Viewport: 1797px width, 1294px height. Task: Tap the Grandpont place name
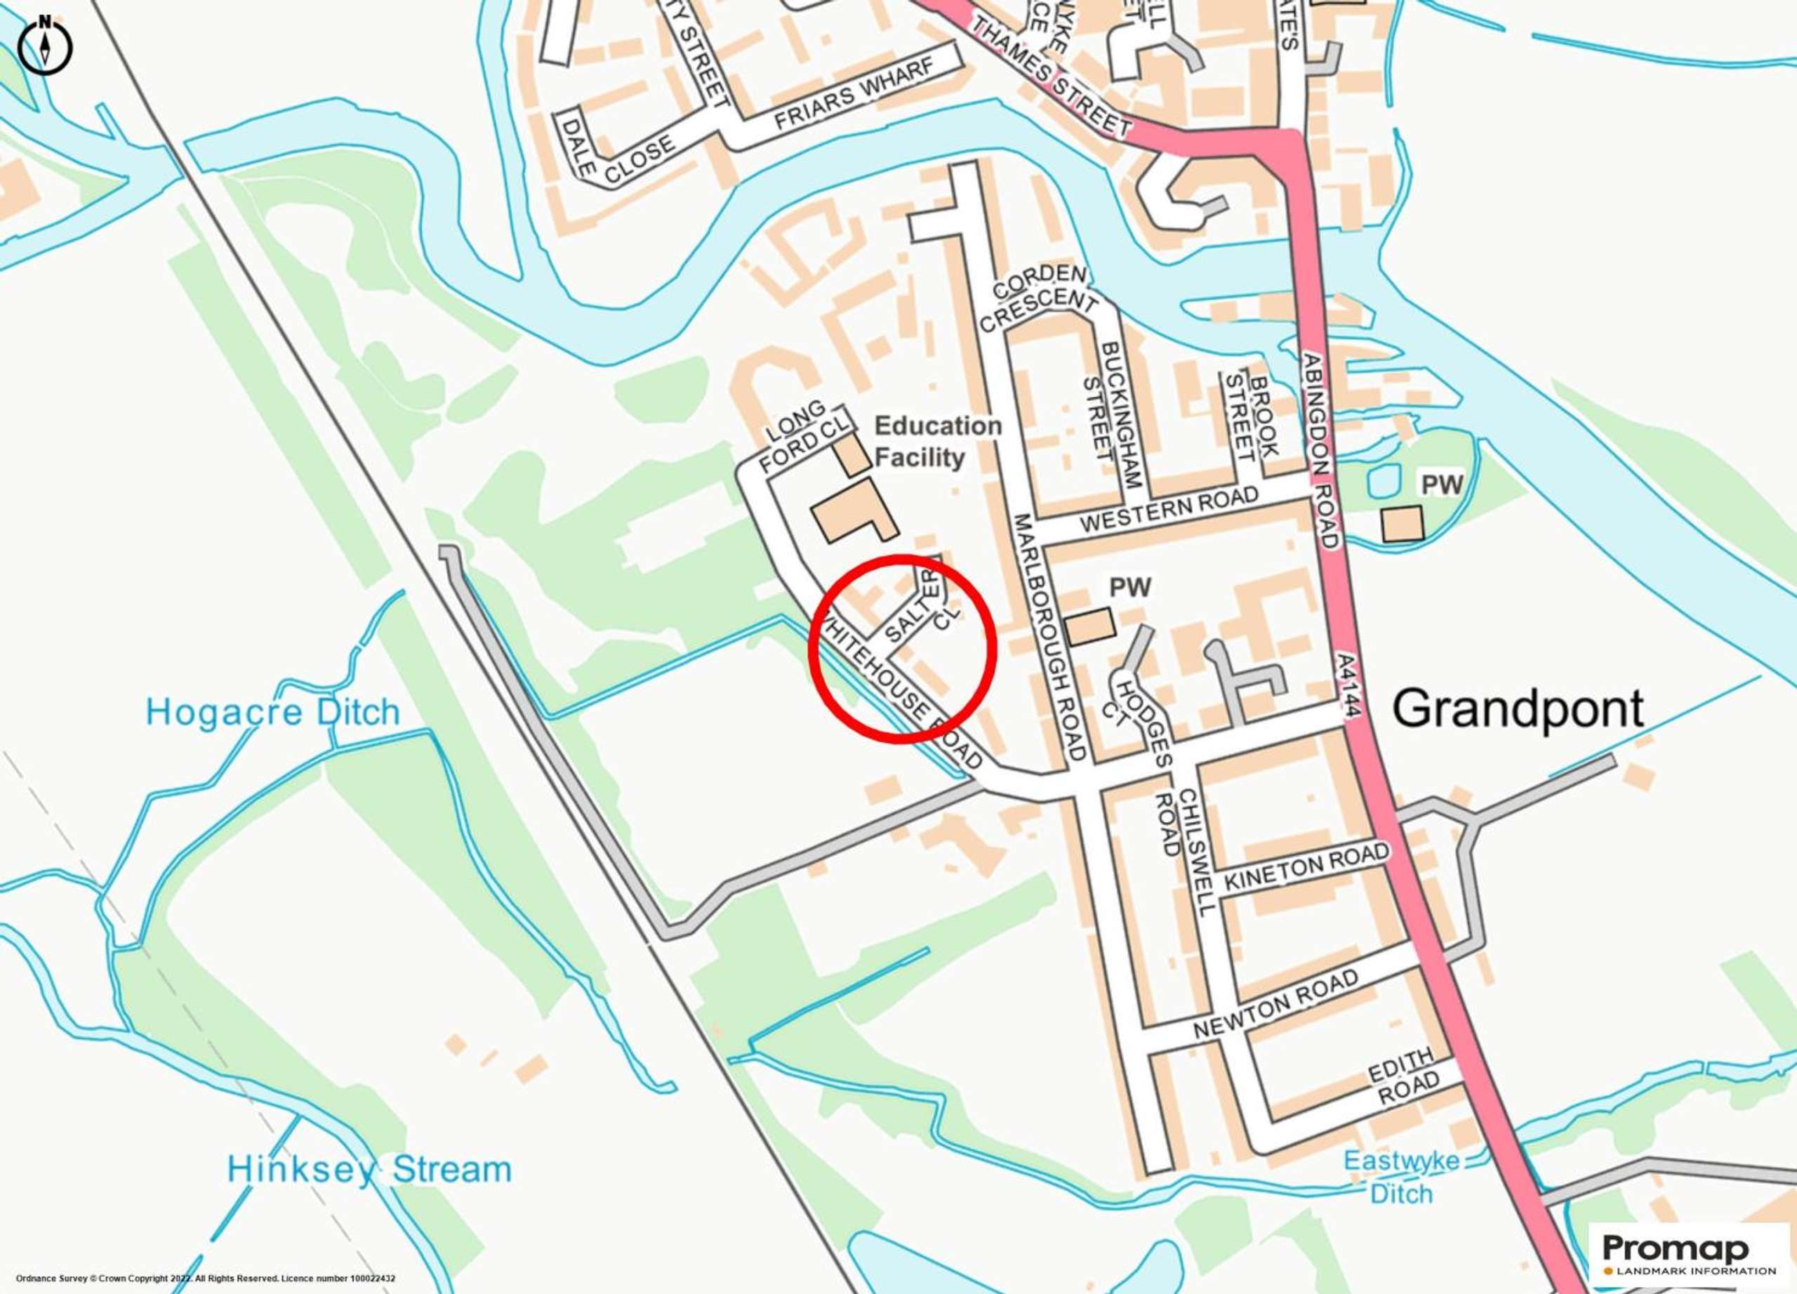pyautogui.click(x=1518, y=708)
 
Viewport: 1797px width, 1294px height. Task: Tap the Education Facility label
pyautogui.click(x=937, y=442)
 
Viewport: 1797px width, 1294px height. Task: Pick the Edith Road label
pyautogui.click(x=1403, y=1076)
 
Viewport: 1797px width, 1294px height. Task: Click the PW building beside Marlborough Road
pyautogui.click(x=1090, y=626)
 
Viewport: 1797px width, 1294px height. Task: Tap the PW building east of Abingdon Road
pyautogui.click(x=1402, y=524)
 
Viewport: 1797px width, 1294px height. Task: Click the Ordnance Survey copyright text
pyautogui.click(x=205, y=1278)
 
